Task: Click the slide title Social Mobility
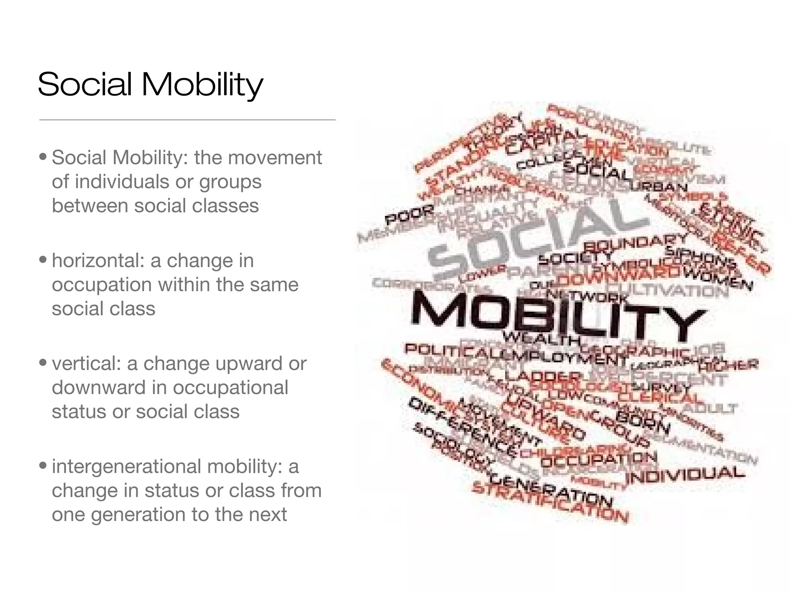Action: (150, 84)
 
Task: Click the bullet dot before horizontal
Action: (44, 259)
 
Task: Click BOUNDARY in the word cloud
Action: (635, 243)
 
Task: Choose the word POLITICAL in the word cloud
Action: (451, 350)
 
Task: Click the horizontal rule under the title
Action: (187, 120)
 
